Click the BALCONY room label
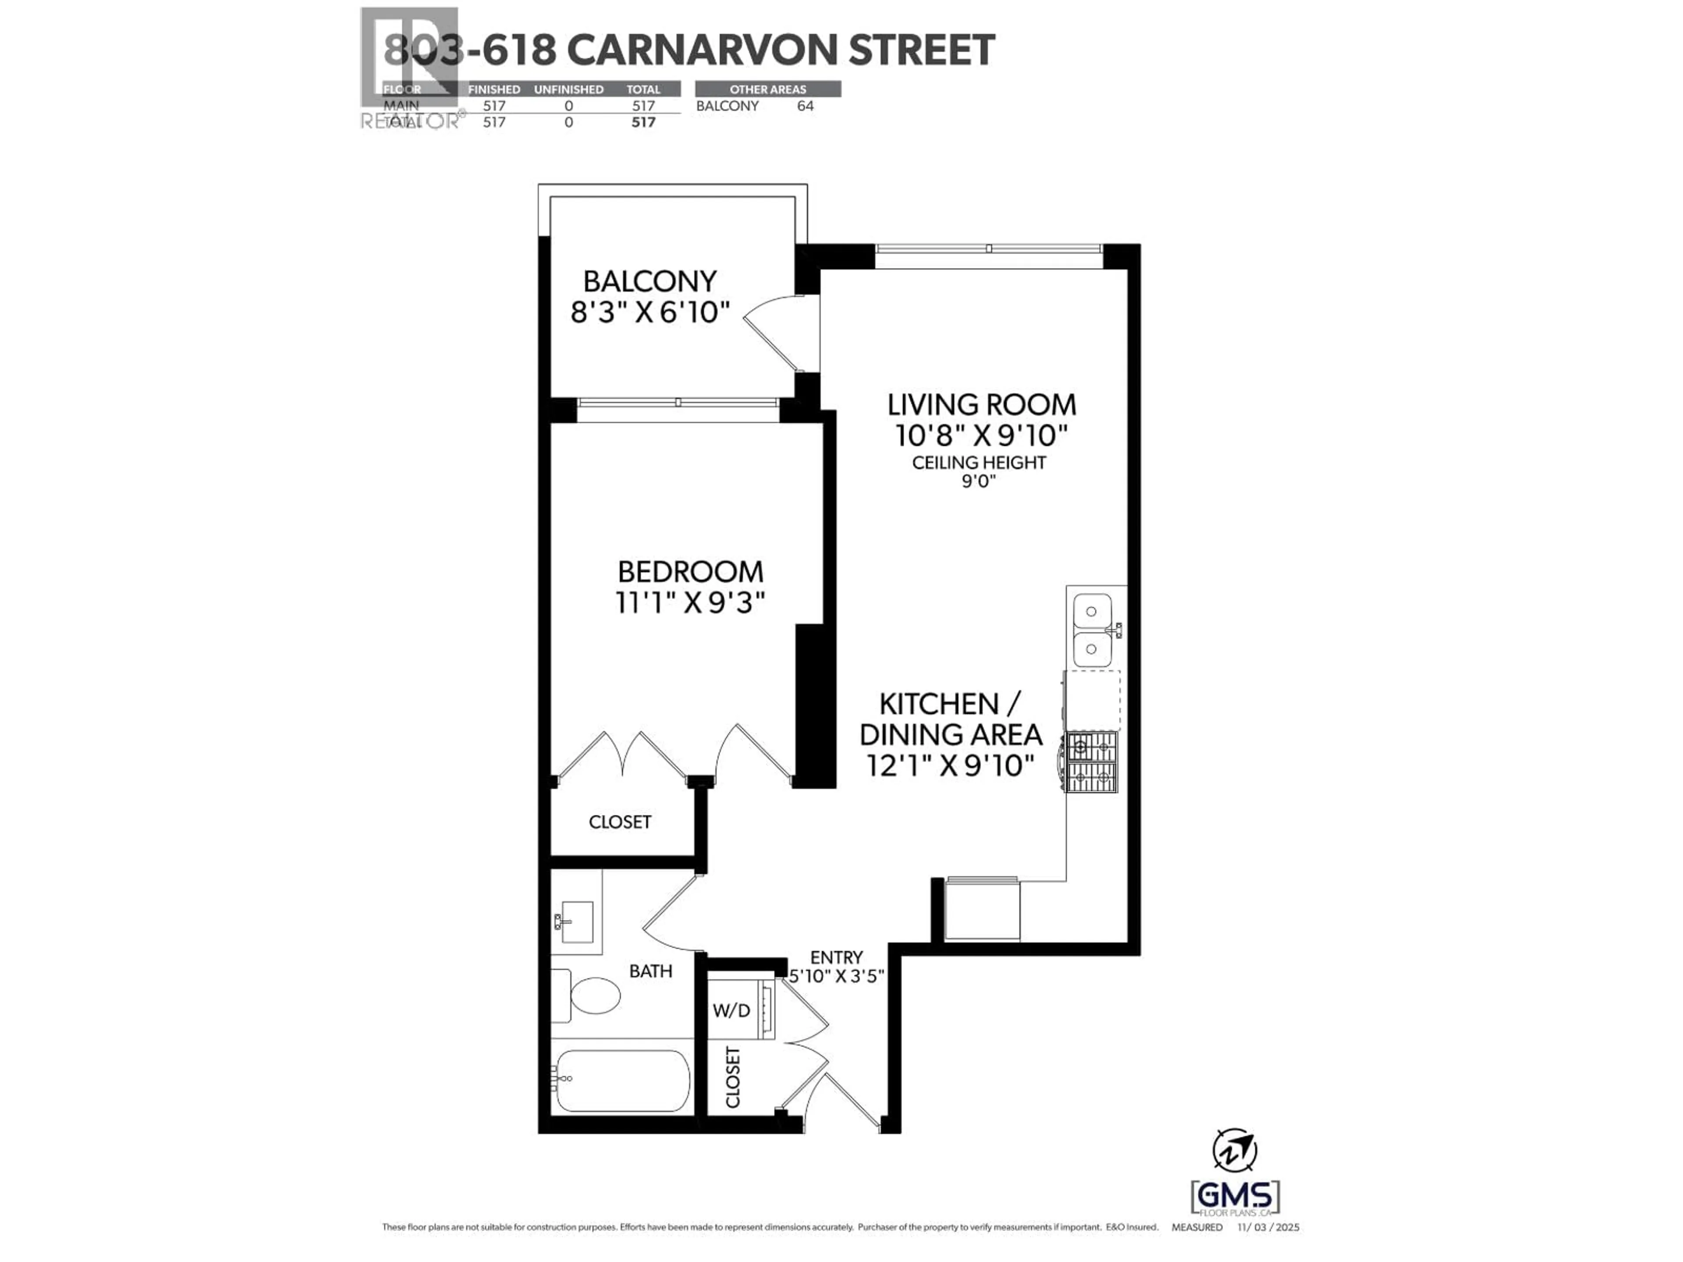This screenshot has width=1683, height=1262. pyautogui.click(x=650, y=281)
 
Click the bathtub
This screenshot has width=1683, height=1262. pyautogui.click(x=622, y=1081)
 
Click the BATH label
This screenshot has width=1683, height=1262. pyautogui.click(x=650, y=971)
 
